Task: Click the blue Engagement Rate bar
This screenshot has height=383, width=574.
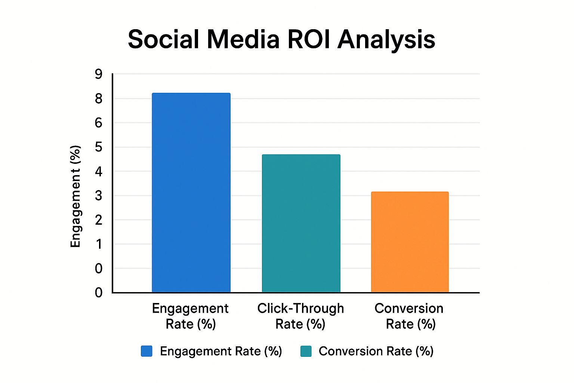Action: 191,193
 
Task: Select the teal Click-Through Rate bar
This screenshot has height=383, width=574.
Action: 301,223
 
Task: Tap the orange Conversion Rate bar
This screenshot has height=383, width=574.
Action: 410,242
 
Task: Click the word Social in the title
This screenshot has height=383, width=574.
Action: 163,39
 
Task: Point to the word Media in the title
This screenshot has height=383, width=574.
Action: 243,39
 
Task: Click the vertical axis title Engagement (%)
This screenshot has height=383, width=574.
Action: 75,196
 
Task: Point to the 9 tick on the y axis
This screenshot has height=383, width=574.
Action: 98,74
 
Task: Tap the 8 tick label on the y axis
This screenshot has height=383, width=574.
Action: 98,99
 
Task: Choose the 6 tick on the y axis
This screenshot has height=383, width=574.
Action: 98,123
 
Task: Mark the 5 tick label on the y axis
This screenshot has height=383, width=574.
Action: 98,147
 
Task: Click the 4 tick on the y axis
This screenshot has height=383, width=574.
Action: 98,171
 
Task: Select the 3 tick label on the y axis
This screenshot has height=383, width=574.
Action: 98,196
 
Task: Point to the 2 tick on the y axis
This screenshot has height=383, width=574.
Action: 98,220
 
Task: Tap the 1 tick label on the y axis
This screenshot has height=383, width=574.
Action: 98,244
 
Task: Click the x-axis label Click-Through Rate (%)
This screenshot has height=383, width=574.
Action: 300,316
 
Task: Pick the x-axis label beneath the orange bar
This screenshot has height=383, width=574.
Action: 409,316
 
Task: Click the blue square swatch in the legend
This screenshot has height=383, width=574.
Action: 146,351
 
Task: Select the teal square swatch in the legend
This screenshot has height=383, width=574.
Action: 306,351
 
